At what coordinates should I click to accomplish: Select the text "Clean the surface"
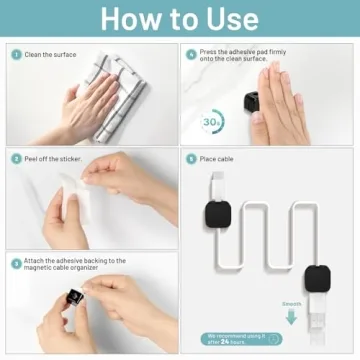(49, 54)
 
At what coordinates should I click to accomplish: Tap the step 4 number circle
(190, 54)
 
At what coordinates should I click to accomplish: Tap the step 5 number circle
(190, 158)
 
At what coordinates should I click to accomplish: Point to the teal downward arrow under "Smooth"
(292, 317)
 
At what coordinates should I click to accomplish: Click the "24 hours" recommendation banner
(240, 339)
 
